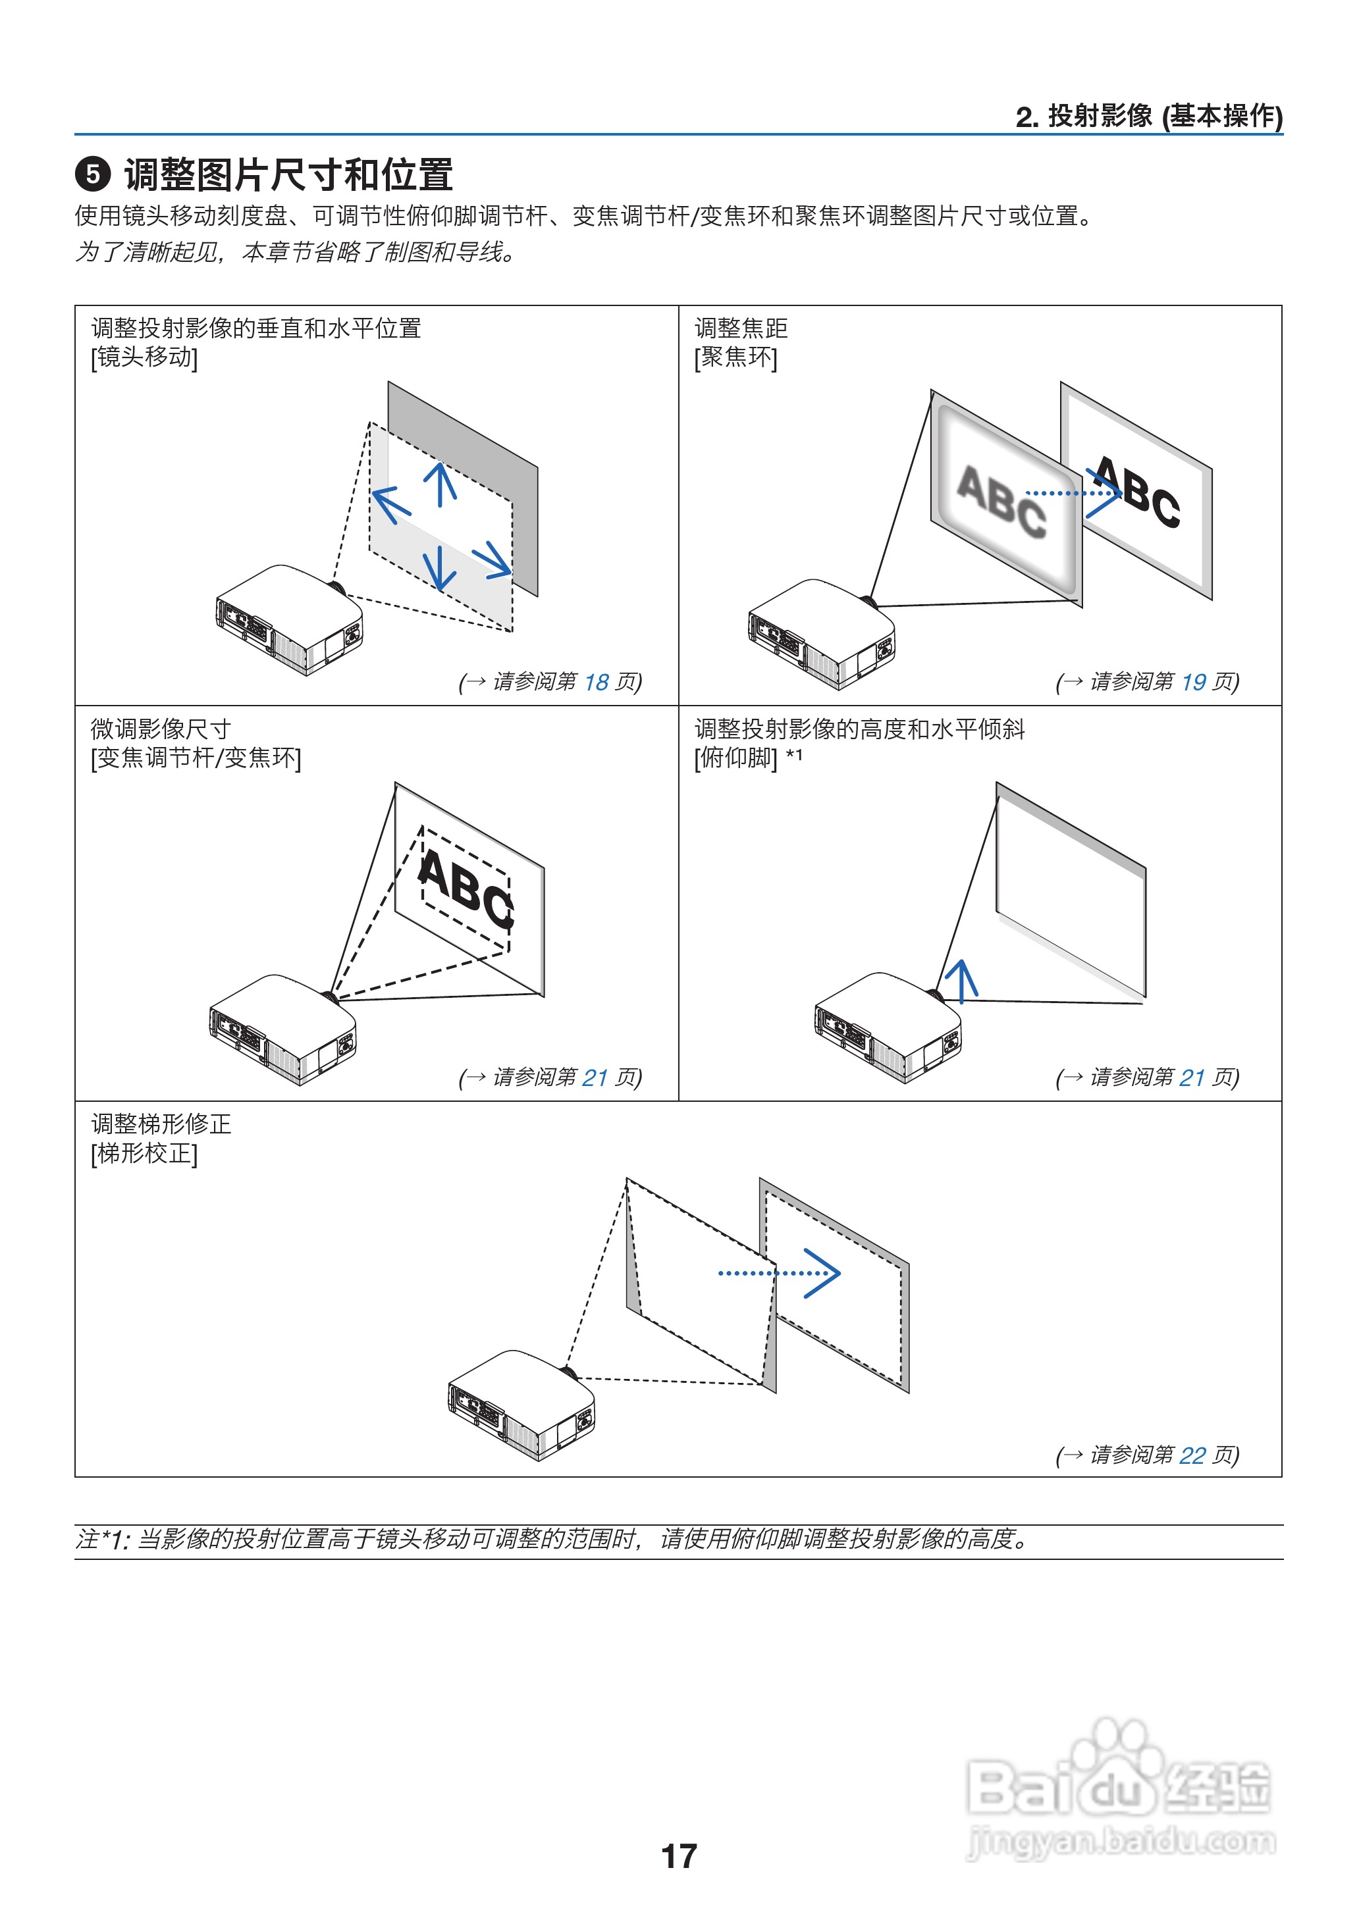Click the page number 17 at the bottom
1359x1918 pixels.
point(679,1855)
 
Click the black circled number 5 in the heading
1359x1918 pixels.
point(93,175)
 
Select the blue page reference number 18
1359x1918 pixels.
point(596,683)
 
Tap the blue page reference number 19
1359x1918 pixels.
point(1193,683)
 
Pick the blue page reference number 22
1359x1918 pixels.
point(1192,1455)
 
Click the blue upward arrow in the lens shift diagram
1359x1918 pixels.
point(440,484)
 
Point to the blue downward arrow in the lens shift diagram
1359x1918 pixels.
point(439,565)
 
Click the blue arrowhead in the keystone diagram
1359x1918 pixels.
point(822,1273)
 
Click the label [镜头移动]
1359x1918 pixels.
point(144,357)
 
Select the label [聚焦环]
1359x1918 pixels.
point(735,357)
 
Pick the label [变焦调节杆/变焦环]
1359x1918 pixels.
point(196,758)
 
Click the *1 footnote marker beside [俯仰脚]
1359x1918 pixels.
point(793,756)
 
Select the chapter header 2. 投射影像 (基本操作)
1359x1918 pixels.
point(1148,117)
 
